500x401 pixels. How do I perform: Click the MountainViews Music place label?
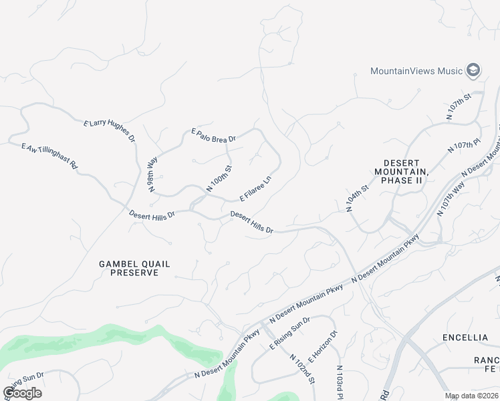[x=417, y=71]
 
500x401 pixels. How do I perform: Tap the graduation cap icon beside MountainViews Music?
[x=474, y=70]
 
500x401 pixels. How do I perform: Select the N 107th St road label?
[x=459, y=107]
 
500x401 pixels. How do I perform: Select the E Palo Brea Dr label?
[x=214, y=136]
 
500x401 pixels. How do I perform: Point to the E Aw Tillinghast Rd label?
[x=50, y=156]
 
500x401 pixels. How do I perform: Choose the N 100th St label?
[x=218, y=180]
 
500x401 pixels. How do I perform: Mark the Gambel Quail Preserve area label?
[x=129, y=268]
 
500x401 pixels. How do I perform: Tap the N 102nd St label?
[x=301, y=369]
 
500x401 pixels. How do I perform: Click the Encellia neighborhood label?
[x=465, y=338]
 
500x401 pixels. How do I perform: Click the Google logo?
[x=22, y=393]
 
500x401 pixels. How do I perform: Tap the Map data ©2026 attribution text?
[x=472, y=396]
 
